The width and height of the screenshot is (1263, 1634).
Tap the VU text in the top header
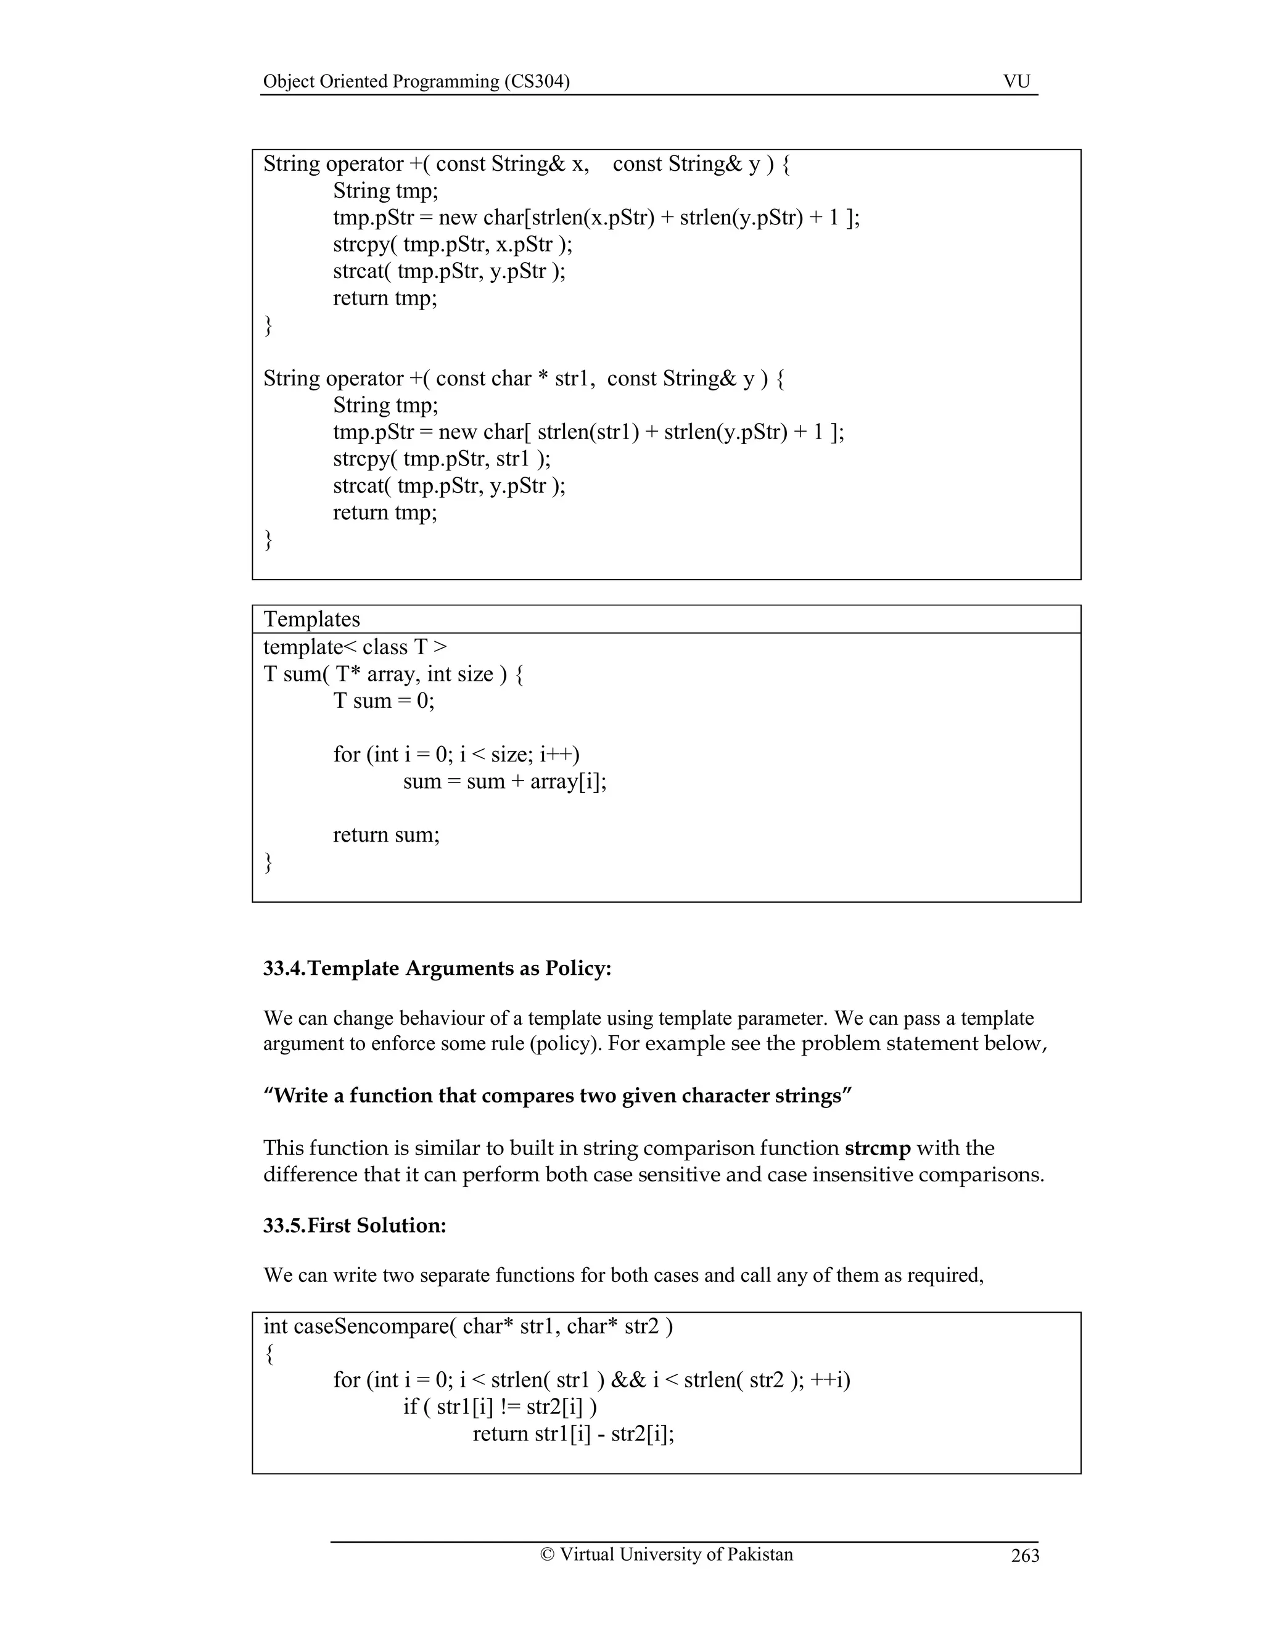pos(1016,81)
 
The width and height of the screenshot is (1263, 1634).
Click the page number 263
pos(1024,1556)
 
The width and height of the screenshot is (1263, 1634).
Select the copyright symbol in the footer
pos(547,1554)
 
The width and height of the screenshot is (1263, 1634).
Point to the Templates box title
pos(311,620)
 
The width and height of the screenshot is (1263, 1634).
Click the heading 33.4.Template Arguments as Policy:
pos(437,968)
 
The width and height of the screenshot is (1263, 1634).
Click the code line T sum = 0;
pos(383,700)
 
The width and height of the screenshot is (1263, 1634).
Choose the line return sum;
pos(386,834)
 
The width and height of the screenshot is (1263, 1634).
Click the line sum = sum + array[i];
pos(504,781)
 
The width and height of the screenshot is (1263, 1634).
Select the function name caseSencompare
pos(371,1326)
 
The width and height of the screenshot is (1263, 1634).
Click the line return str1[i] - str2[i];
pos(573,1434)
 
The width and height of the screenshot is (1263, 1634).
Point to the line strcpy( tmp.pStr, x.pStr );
pos(452,244)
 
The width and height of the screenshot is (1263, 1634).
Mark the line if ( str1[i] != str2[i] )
pos(500,1406)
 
